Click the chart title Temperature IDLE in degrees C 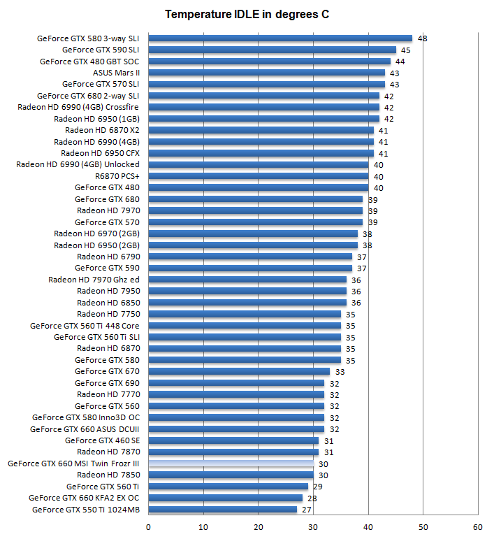click(x=247, y=14)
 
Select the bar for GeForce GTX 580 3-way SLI click(x=280, y=38)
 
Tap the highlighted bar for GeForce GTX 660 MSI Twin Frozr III click(x=231, y=463)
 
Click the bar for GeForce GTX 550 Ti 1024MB click(x=223, y=510)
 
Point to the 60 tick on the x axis click(x=478, y=526)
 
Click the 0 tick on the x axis click(x=148, y=526)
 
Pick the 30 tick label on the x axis click(x=313, y=526)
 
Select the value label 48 click(x=422, y=38)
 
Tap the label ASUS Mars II click(x=116, y=73)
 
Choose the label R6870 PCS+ click(x=117, y=176)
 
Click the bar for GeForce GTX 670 click(x=239, y=371)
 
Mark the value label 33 click(x=340, y=371)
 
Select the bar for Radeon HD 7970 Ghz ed click(x=247, y=280)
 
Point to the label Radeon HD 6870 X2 click(x=102, y=130)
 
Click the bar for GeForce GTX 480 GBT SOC click(x=269, y=62)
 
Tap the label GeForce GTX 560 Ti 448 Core click(x=85, y=326)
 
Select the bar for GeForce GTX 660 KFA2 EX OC click(x=226, y=498)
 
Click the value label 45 click(x=405, y=50)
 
